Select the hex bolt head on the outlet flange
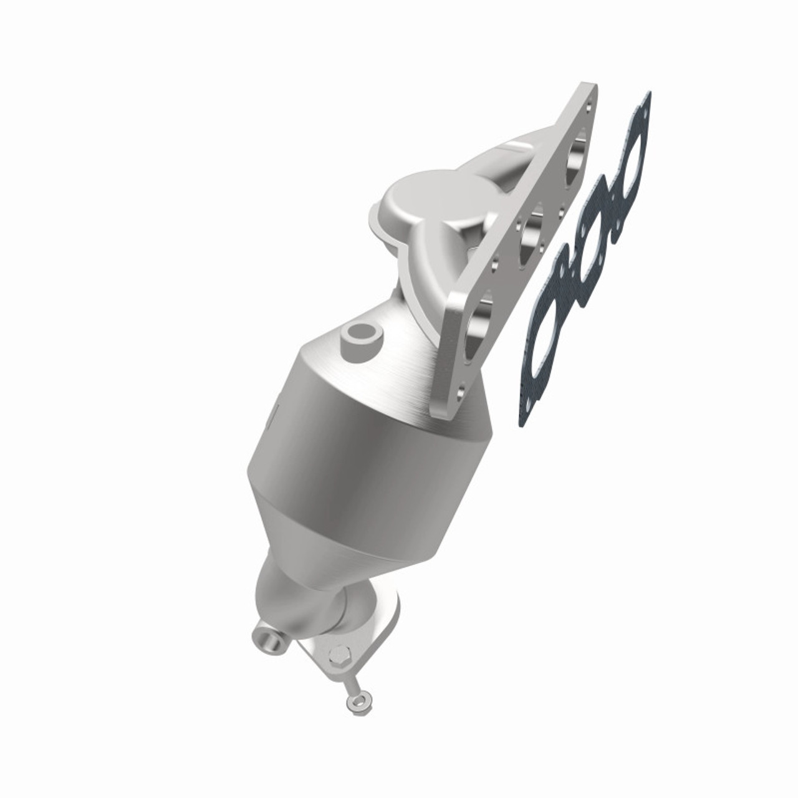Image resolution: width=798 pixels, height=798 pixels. pos(337,657)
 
